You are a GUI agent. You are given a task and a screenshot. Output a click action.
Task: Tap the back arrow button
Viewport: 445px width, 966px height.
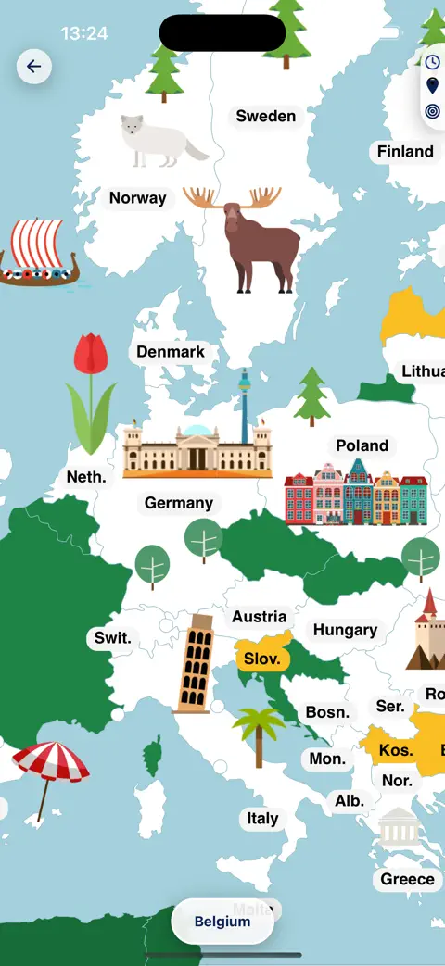(34, 67)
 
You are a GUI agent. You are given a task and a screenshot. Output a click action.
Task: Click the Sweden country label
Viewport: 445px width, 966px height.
(266, 117)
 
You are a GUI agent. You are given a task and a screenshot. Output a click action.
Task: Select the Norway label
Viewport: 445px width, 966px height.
(138, 198)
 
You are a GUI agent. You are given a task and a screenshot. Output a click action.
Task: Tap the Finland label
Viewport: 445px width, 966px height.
(405, 152)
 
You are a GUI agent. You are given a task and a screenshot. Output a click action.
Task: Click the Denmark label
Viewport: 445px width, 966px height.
(171, 352)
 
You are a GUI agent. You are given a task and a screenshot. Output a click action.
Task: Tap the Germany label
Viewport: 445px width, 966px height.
(179, 503)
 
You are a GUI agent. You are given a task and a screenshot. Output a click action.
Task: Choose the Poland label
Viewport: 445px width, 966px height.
(362, 445)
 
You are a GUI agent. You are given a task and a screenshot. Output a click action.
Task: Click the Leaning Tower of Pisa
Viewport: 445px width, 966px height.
(195, 664)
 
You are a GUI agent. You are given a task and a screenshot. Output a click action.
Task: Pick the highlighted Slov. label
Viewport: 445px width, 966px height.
(262, 659)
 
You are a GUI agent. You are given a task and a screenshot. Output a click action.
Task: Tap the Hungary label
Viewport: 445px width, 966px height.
(345, 630)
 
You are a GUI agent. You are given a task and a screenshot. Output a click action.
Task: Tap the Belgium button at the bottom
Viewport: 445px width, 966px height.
(222, 922)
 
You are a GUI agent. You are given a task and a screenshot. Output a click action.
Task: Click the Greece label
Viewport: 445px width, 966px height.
(407, 879)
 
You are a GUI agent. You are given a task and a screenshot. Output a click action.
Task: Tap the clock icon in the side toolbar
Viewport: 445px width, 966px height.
(432, 62)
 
